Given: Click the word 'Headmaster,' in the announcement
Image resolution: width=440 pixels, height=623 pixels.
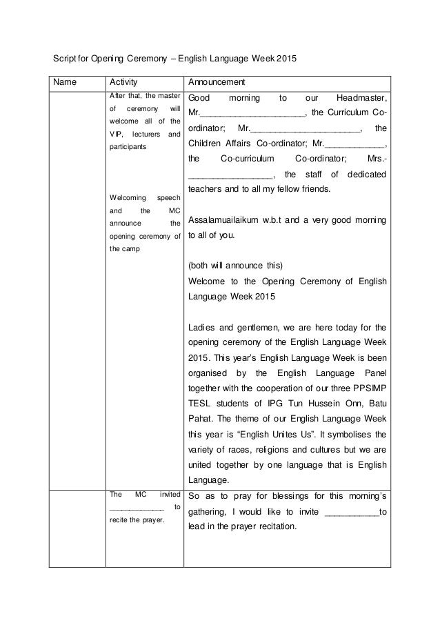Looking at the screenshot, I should click(x=361, y=98).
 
